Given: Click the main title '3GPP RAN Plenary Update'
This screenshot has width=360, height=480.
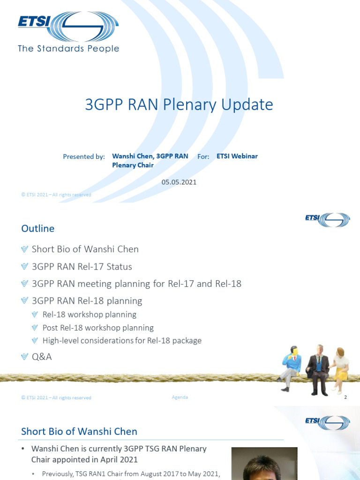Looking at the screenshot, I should (x=179, y=105).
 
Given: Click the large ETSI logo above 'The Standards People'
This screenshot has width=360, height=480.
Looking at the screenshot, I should (x=68, y=26).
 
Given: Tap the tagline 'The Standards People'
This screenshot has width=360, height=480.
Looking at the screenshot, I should (x=68, y=48).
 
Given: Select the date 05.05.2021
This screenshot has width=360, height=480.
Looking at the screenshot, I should (x=179, y=182).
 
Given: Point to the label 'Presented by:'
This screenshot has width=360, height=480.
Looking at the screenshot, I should (x=84, y=157).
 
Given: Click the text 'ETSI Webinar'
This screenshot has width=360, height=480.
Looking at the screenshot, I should (x=237, y=156).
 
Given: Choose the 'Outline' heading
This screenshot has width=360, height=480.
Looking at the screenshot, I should (x=38, y=228).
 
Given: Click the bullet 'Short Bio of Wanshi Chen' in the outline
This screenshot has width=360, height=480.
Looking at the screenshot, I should (x=85, y=249).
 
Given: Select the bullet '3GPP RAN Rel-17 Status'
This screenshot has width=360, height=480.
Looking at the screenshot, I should (x=82, y=267).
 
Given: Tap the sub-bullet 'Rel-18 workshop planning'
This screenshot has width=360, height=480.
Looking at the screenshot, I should (x=89, y=315).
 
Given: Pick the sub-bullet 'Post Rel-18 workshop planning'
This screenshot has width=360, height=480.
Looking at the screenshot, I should (x=98, y=328).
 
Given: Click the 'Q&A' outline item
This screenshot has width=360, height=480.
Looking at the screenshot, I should (x=42, y=357).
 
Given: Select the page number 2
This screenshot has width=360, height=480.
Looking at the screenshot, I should (x=345, y=397).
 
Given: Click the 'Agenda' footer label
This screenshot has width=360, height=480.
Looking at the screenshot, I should (x=180, y=397).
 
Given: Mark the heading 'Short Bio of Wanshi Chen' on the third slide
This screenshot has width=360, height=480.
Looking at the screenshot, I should (x=79, y=431).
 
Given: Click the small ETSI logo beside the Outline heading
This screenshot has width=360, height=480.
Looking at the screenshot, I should (x=327, y=220).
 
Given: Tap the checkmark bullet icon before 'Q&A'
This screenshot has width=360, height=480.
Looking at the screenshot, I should (x=25, y=357).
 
